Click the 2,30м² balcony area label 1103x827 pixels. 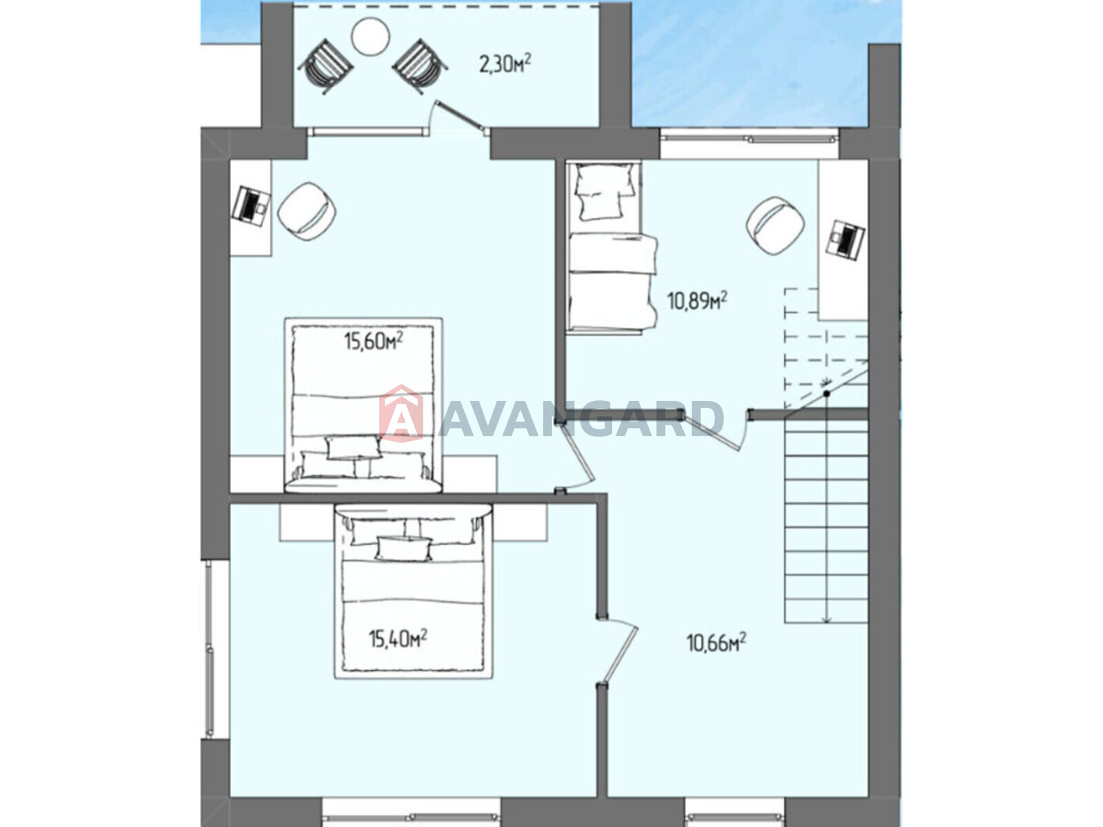click(x=505, y=64)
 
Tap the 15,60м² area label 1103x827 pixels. click(x=373, y=342)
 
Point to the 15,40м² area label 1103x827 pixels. click(x=398, y=640)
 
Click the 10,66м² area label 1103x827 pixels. click(x=716, y=643)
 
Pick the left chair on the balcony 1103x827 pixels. click(x=325, y=65)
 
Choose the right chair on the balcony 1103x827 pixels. click(x=420, y=65)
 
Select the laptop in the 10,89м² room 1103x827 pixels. click(x=846, y=239)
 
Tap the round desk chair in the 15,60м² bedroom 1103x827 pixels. click(x=307, y=212)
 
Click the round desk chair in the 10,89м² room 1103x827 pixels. click(x=776, y=225)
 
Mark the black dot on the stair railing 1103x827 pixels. click(x=827, y=394)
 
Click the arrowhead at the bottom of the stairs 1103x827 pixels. click(x=826, y=619)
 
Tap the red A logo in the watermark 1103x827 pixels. click(x=401, y=413)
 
